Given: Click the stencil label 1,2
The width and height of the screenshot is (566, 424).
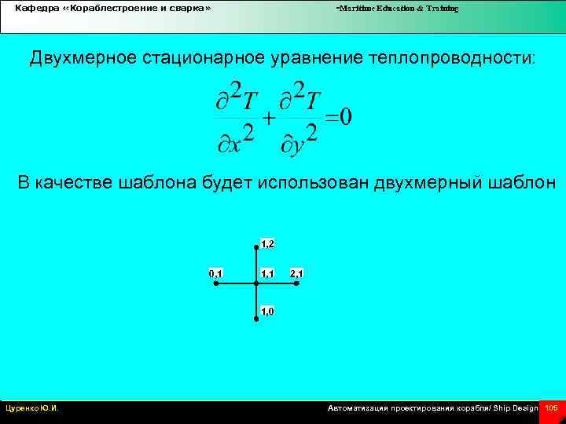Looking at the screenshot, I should click(267, 244).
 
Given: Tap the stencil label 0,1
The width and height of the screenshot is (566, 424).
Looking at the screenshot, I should click(215, 273).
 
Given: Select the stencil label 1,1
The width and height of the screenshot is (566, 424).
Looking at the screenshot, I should click(267, 273).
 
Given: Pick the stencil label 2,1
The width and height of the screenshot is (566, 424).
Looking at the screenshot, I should click(297, 273).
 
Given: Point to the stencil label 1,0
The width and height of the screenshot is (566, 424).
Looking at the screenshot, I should click(267, 312).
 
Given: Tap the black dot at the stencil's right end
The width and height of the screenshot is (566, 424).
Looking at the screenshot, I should click(296, 284).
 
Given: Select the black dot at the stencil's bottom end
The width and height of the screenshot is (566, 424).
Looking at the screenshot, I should click(256, 319).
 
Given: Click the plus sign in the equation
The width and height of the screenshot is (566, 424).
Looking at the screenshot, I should click(268, 119).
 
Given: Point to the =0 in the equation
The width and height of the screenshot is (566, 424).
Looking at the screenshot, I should click(339, 117).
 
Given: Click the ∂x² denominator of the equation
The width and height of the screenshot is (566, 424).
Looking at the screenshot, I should click(234, 139).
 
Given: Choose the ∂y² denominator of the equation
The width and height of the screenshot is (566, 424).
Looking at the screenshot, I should click(300, 139).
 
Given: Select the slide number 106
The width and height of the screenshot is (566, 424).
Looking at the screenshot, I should click(551, 408).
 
